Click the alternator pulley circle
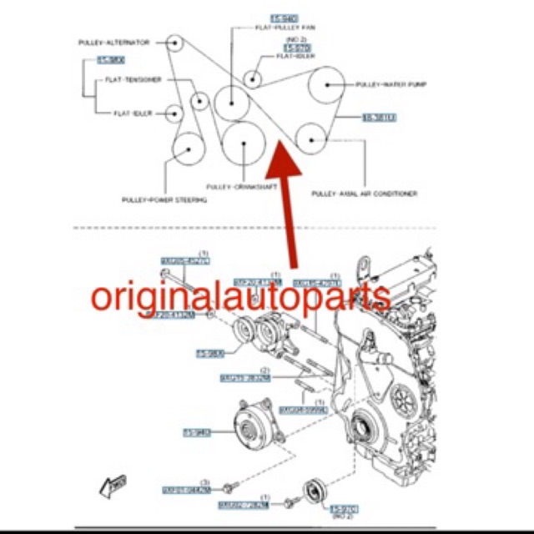click(173, 42)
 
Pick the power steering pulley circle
click(188, 150)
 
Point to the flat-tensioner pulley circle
click(199, 102)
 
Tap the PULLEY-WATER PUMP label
click(391, 84)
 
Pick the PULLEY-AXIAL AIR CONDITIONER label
click(364, 194)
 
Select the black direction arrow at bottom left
click(111, 485)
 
